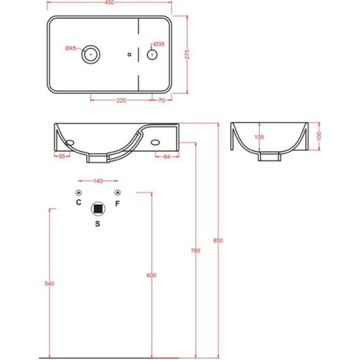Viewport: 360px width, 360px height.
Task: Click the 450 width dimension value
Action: click(109, 3)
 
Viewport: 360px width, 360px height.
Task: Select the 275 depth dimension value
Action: click(188, 54)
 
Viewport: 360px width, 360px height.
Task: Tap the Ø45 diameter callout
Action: click(71, 48)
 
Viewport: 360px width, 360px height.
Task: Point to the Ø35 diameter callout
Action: click(159, 44)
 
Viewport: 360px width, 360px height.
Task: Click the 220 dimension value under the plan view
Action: click(121, 100)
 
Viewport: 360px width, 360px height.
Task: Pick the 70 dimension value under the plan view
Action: click(162, 100)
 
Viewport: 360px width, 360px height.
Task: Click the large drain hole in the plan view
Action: click(91, 54)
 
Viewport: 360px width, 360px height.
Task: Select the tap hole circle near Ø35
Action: click(152, 55)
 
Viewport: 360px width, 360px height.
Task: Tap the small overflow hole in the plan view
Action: click(129, 54)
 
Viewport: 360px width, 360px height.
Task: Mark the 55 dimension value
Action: click(62, 157)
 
